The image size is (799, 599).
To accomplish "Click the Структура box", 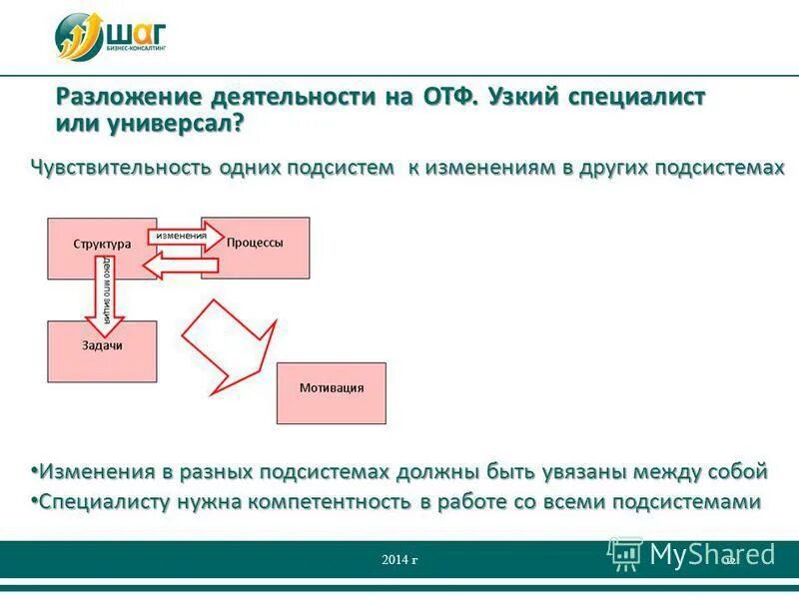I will [101, 244].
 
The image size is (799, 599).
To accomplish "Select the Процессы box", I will [256, 243].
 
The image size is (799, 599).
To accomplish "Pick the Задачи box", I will [102, 345].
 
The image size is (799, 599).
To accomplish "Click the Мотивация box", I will [331, 388].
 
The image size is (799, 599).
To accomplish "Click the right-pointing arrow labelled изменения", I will [186, 236].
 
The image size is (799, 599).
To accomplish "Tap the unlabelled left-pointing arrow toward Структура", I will [178, 265].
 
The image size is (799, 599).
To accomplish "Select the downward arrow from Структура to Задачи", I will [107, 296].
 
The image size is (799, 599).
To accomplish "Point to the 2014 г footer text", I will [399, 560].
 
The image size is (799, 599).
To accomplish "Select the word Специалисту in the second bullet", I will [103, 503].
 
